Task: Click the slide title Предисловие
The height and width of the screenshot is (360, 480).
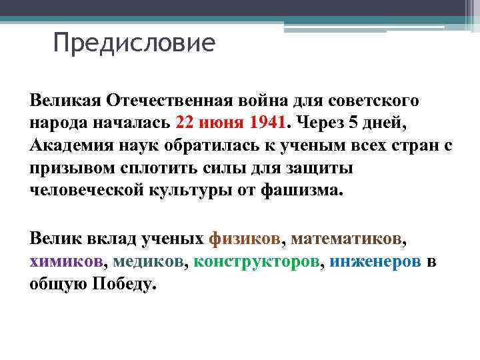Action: pos(134,44)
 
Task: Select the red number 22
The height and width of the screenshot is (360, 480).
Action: pos(186,123)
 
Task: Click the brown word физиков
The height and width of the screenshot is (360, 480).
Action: pos(245,238)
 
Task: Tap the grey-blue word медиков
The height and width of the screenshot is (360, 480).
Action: pos(150,261)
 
